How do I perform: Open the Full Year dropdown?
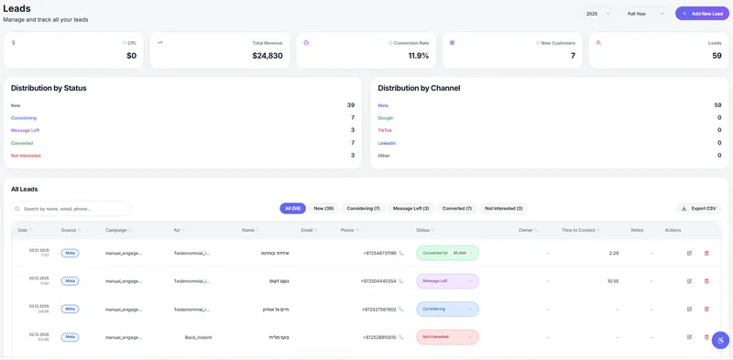pos(646,14)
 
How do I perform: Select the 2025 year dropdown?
pos(597,14)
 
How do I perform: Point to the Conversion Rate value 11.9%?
pos(418,56)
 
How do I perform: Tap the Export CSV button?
pos(699,209)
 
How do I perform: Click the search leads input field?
pos(71,209)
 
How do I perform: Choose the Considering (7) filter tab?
pos(363,209)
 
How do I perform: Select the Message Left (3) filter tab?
pos(411,209)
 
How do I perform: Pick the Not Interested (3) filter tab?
pos(503,209)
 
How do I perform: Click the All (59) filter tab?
pos(292,209)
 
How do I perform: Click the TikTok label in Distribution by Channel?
pos(385,130)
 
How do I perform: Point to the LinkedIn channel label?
pos(387,143)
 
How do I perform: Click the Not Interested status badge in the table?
pos(447,337)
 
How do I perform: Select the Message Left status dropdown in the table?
pos(447,281)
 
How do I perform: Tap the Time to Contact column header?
pos(579,230)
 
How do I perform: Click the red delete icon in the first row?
pos(706,253)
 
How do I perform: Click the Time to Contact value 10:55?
pos(612,281)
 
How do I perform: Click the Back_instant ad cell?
pos(198,337)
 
